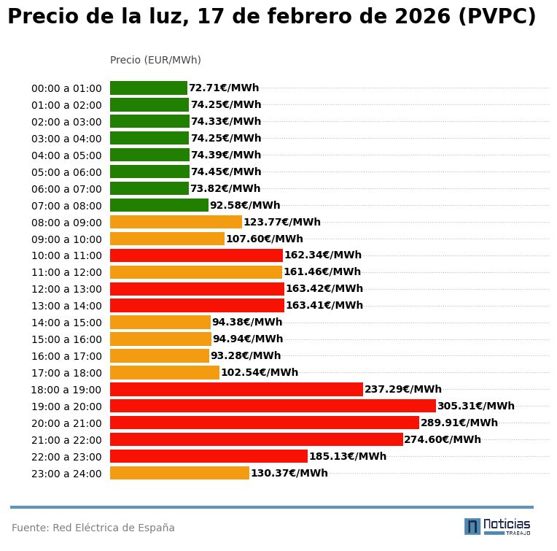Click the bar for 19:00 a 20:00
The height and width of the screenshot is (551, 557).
[x=273, y=406]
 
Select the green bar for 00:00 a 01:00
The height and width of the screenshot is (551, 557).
[x=149, y=88]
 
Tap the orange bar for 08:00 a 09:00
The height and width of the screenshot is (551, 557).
[x=176, y=222]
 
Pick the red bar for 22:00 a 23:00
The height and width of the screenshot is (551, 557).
[x=209, y=456]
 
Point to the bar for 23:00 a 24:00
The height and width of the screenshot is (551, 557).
[x=179, y=473]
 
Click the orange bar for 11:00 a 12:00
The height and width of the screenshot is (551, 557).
[x=196, y=272]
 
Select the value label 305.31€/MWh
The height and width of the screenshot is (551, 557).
[x=475, y=406]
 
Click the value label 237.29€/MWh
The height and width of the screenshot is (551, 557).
[x=402, y=390]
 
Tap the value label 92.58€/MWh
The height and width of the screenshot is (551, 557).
[x=245, y=206]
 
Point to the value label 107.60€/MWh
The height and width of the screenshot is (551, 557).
[x=264, y=239]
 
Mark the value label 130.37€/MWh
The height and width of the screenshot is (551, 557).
[x=289, y=474]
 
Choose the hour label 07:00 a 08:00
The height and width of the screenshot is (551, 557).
[x=66, y=206]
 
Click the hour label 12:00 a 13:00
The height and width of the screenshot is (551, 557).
[x=66, y=290]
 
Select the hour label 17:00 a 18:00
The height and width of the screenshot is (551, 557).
[x=66, y=373]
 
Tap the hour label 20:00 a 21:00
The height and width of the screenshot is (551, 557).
[x=66, y=423]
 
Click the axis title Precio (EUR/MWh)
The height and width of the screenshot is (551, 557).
[x=155, y=60]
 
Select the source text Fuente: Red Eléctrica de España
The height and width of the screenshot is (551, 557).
[x=93, y=528]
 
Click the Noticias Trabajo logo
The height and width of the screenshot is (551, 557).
[x=497, y=526]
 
